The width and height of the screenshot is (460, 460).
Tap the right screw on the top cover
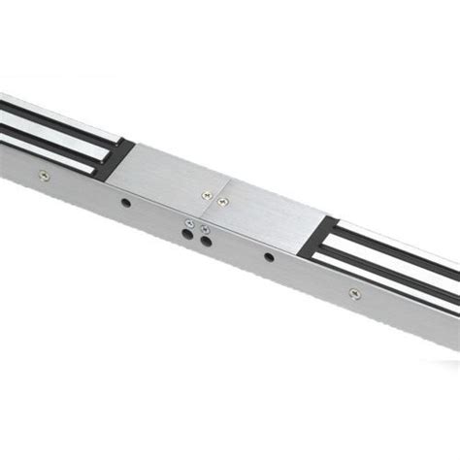point(222,201)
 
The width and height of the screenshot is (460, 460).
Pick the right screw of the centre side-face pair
point(203,227)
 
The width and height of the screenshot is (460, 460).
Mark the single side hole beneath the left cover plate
point(125,206)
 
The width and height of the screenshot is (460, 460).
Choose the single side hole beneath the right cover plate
point(268,257)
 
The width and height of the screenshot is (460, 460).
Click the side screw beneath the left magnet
point(42,175)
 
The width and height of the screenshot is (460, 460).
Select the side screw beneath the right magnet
point(352,290)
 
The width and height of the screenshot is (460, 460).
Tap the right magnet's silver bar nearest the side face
point(388,271)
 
